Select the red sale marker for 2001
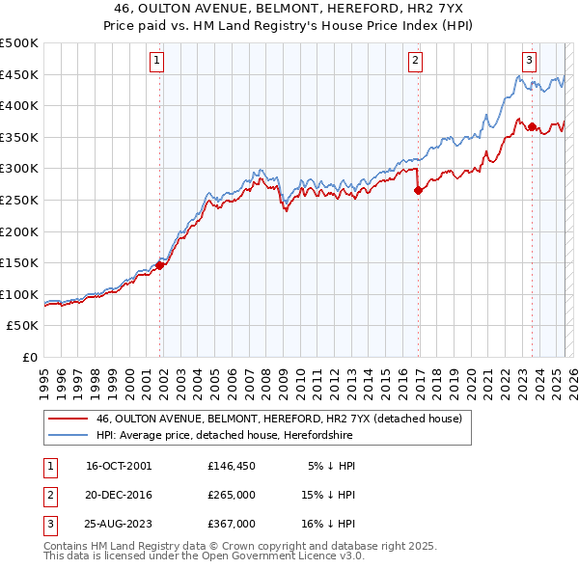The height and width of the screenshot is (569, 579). pos(160,265)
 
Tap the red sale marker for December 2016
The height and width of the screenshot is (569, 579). pos(418,191)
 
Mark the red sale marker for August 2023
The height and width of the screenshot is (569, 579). pos(532,126)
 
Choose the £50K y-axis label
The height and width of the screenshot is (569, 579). pos(22,326)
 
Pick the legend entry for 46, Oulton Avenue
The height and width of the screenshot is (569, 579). pos(280,419)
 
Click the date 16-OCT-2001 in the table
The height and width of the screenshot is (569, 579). pos(119,465)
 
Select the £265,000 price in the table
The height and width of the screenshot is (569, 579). pos(231,495)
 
